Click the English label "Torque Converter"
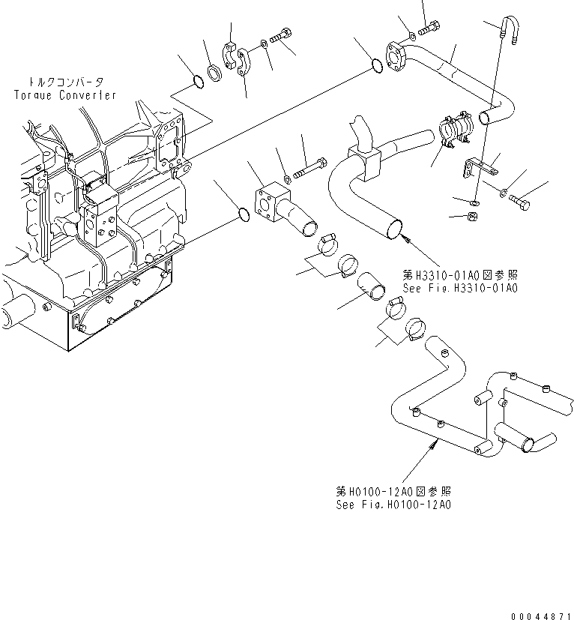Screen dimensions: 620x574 point(65,95)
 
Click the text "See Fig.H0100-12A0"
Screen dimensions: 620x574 point(393,505)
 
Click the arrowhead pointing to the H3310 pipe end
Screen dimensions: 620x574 point(405,238)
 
